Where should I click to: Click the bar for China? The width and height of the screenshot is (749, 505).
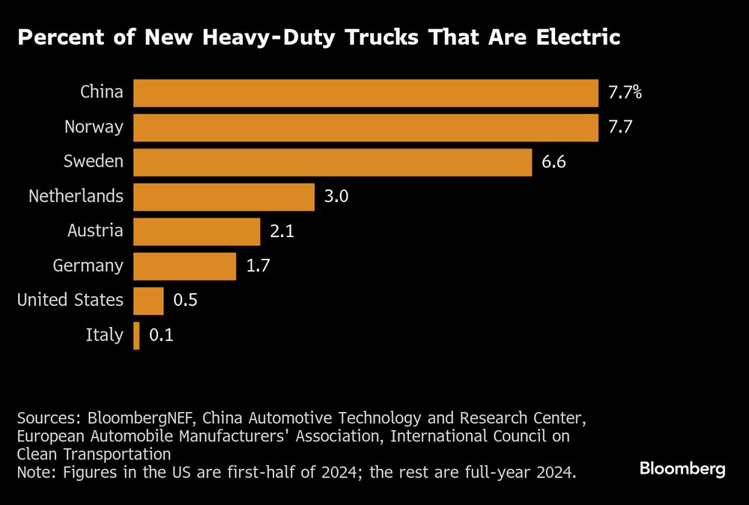point(366,93)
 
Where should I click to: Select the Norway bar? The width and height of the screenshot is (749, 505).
point(366,127)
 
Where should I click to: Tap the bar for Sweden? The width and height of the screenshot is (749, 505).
point(333,162)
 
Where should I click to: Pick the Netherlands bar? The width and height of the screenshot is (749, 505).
point(224,197)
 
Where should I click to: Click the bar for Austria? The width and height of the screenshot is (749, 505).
point(197,231)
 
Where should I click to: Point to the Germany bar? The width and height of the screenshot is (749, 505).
point(185,266)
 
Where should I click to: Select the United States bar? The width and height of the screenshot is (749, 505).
point(148,300)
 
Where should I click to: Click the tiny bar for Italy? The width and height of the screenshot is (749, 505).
point(136,335)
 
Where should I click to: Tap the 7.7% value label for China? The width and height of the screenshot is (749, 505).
point(625,93)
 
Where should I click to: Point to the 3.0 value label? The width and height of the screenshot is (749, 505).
point(336,197)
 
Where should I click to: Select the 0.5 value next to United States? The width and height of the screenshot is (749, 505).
point(186,300)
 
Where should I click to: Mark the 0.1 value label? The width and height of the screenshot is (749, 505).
point(161,335)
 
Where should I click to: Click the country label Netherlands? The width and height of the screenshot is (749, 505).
point(76,197)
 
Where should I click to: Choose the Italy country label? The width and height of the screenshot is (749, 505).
point(104,335)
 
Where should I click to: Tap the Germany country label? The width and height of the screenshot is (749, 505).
point(88,266)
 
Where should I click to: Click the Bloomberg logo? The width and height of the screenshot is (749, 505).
point(682,469)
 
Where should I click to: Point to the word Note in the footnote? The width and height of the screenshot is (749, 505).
point(34,472)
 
